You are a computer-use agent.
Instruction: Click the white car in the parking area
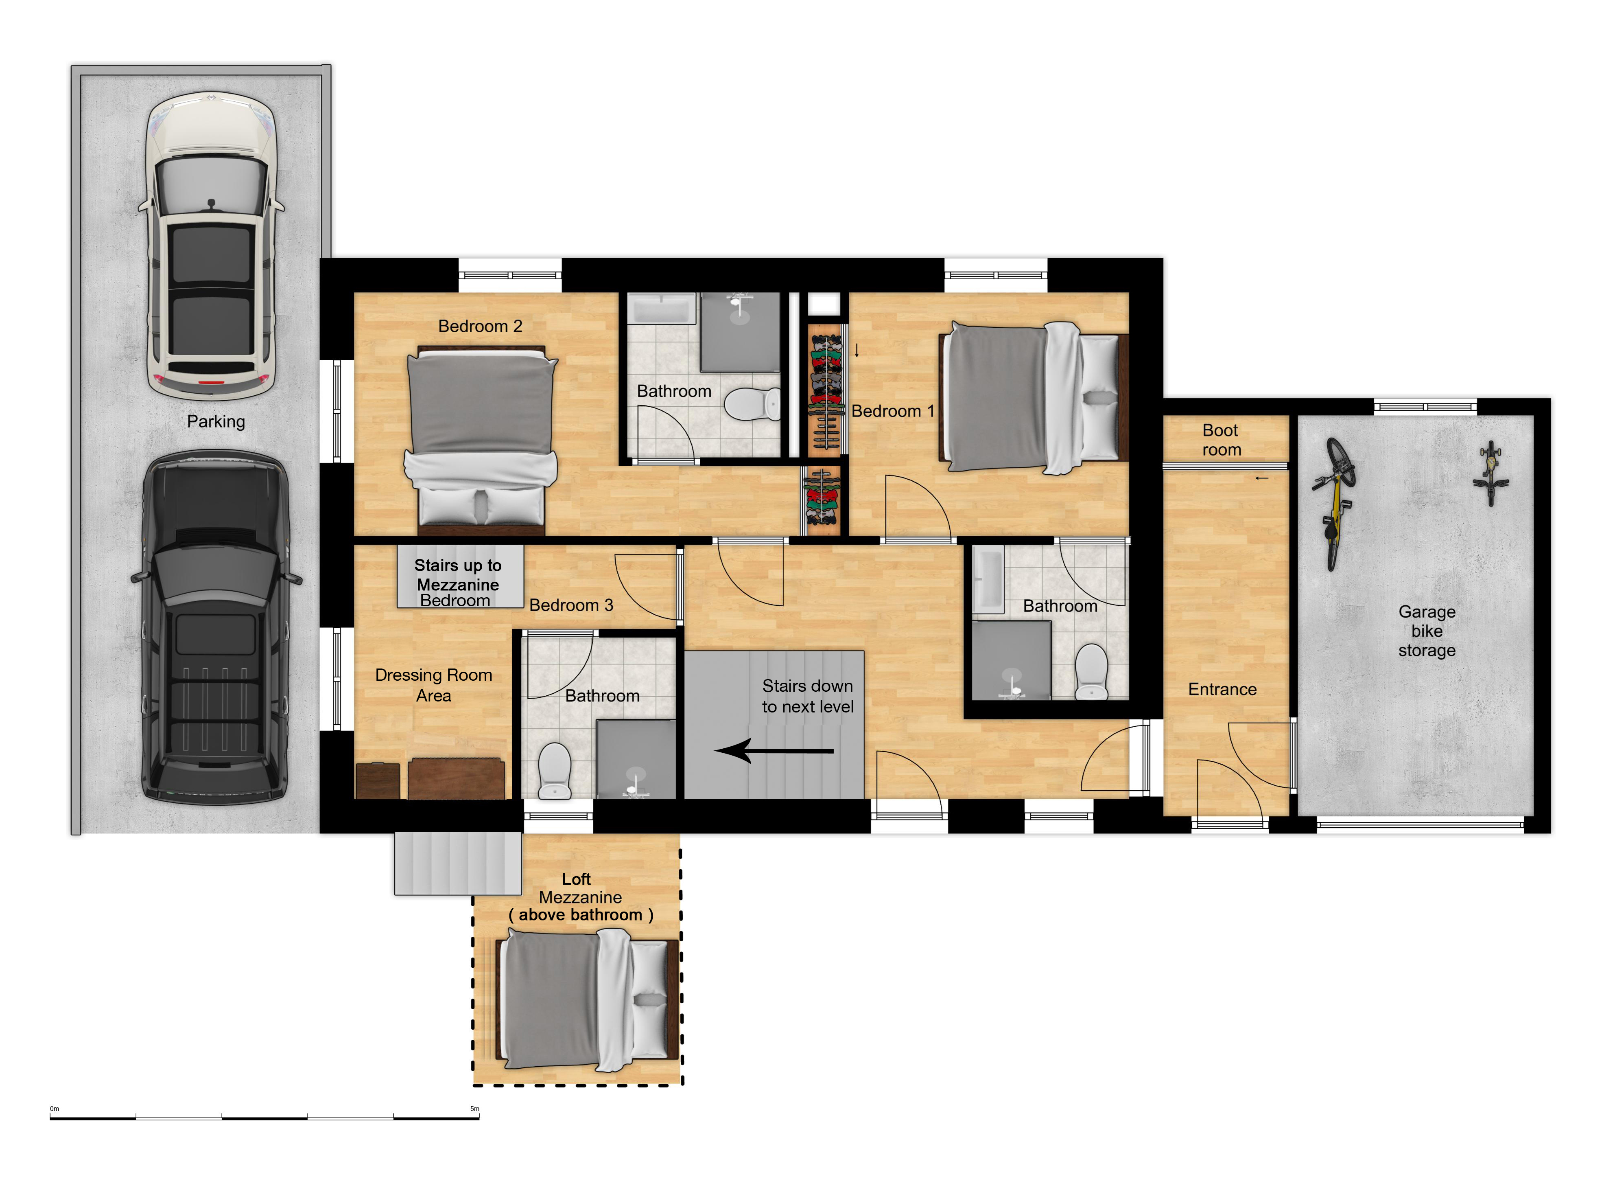(x=212, y=246)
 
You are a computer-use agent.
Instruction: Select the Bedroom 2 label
(x=480, y=327)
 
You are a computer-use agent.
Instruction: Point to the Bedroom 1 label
(x=892, y=411)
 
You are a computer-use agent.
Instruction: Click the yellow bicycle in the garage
(x=1335, y=502)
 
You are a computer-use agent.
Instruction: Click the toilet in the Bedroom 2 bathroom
(x=752, y=404)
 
